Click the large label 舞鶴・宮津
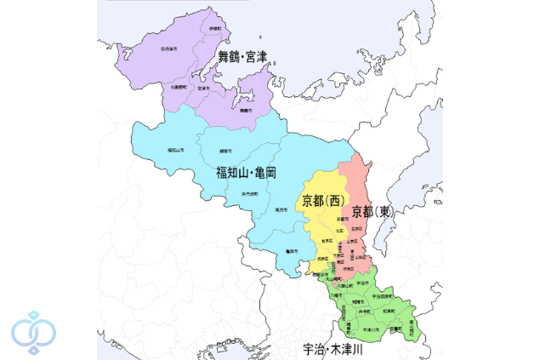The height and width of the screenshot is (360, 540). tap(243, 58)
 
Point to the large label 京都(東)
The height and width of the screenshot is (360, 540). tap(372, 210)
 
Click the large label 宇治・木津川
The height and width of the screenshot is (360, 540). tap(333, 349)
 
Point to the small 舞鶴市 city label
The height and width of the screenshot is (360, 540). tap(246, 111)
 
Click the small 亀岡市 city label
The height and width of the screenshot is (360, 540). tap(292, 250)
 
